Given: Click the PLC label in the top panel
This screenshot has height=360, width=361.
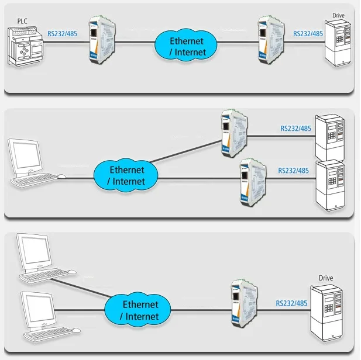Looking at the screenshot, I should tap(22, 21).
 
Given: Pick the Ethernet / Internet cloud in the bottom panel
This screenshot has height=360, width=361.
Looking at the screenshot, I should tap(140, 310).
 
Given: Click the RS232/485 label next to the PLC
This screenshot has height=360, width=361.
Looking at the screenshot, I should tap(62, 33).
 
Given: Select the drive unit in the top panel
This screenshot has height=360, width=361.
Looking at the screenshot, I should tap(340, 43).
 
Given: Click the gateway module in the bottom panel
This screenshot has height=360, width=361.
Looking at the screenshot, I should tap(240, 303).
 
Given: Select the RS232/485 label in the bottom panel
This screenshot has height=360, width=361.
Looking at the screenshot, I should tap(291, 303).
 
